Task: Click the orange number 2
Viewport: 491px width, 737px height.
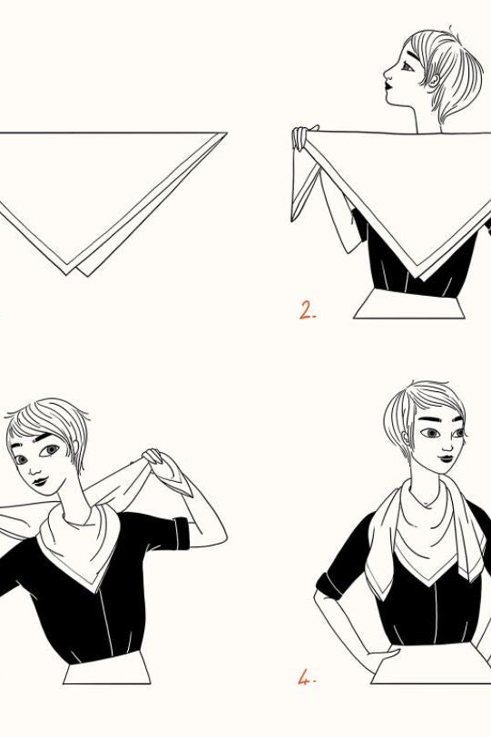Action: (x=307, y=310)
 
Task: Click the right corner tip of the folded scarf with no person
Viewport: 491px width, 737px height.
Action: (x=226, y=133)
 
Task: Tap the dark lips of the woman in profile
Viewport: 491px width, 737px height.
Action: (x=388, y=86)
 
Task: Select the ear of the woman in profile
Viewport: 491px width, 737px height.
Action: (x=434, y=79)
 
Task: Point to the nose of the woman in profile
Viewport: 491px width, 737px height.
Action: (x=387, y=74)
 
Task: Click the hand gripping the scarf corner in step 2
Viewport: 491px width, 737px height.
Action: (x=301, y=138)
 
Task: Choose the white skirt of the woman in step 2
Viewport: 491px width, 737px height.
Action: (x=408, y=305)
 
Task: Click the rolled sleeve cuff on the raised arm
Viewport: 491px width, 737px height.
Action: (x=181, y=533)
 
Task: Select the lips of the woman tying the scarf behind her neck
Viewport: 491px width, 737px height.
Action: (x=41, y=481)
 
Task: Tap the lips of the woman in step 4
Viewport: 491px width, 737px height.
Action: (x=446, y=458)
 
